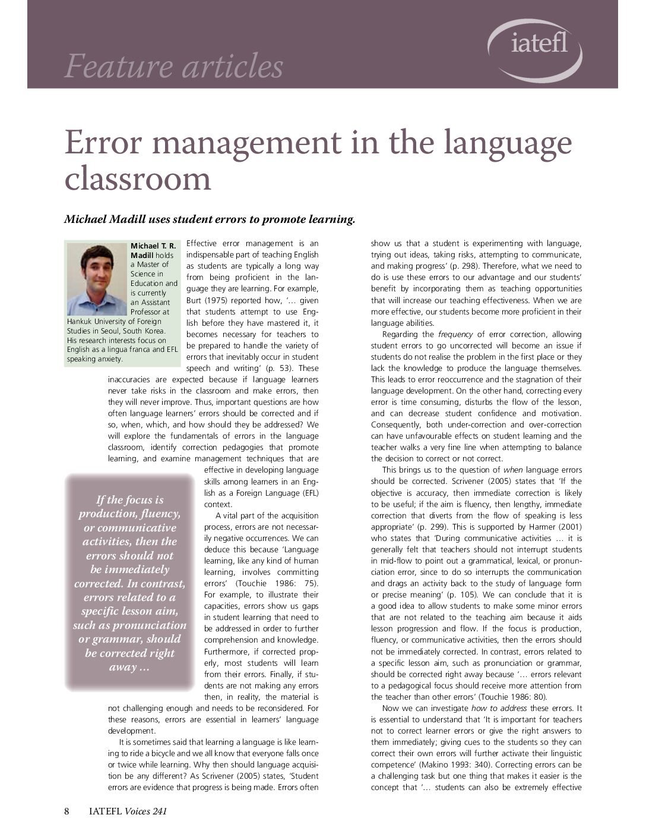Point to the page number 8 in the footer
(x=67, y=811)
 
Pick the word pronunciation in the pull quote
(x=150, y=625)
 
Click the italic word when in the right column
(x=514, y=470)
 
